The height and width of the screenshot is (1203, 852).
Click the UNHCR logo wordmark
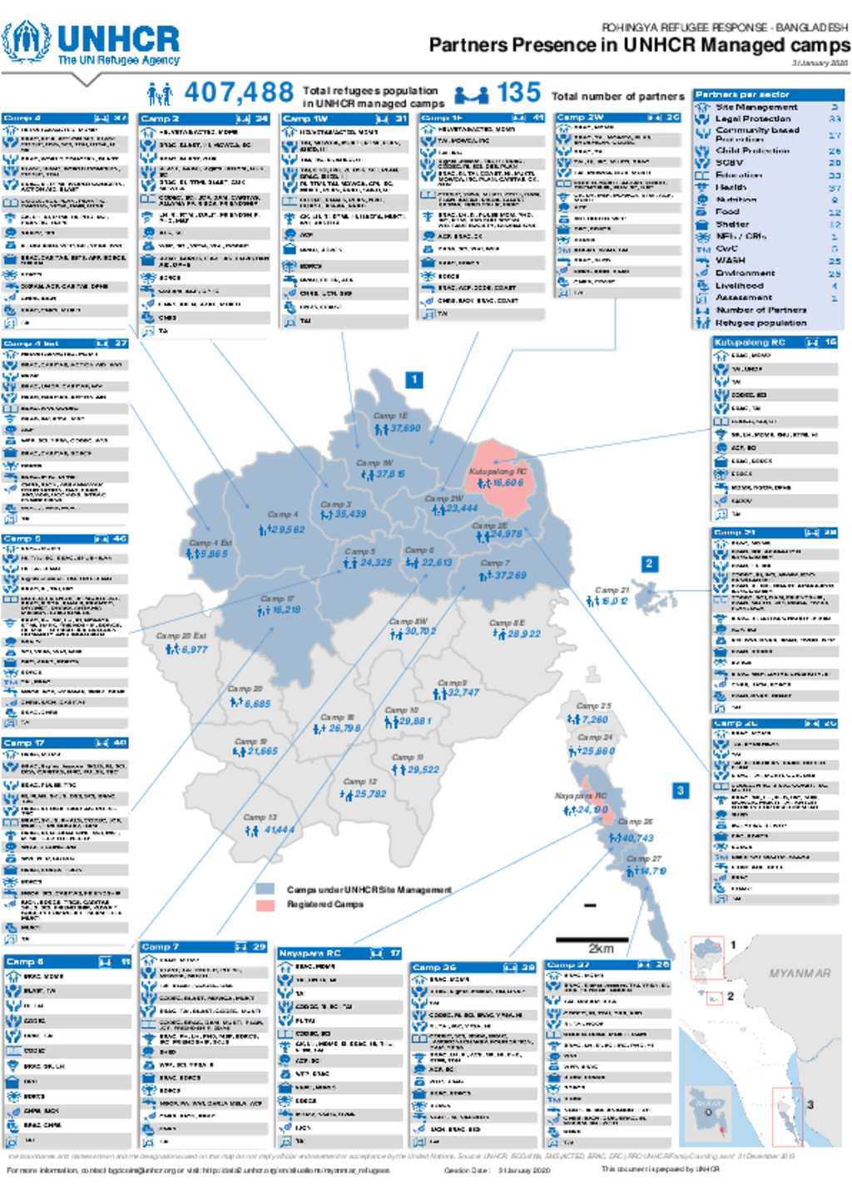coord(117,39)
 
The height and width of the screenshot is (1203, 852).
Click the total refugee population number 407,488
coord(239,92)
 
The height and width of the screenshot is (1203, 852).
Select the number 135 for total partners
coord(518,92)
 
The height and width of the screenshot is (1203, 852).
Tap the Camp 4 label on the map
coord(282,515)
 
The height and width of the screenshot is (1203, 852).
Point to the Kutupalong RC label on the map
coord(498,471)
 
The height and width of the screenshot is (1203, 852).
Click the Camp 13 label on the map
coord(260,817)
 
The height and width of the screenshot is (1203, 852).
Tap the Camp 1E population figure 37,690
coord(405,429)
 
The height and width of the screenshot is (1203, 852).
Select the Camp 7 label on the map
coord(495,563)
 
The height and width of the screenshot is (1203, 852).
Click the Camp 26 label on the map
coord(636,821)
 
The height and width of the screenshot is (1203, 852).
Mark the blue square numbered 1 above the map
coord(414,380)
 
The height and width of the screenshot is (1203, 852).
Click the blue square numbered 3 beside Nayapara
coord(681,790)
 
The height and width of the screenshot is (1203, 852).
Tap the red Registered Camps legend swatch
coord(265,905)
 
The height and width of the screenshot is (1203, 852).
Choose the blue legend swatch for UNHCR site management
coord(265,890)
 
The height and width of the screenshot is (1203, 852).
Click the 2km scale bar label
coord(601,949)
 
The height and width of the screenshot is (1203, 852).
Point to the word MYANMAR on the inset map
coord(800,973)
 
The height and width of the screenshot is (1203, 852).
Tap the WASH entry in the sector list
coord(731,260)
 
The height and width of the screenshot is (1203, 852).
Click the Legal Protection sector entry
coord(753,119)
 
